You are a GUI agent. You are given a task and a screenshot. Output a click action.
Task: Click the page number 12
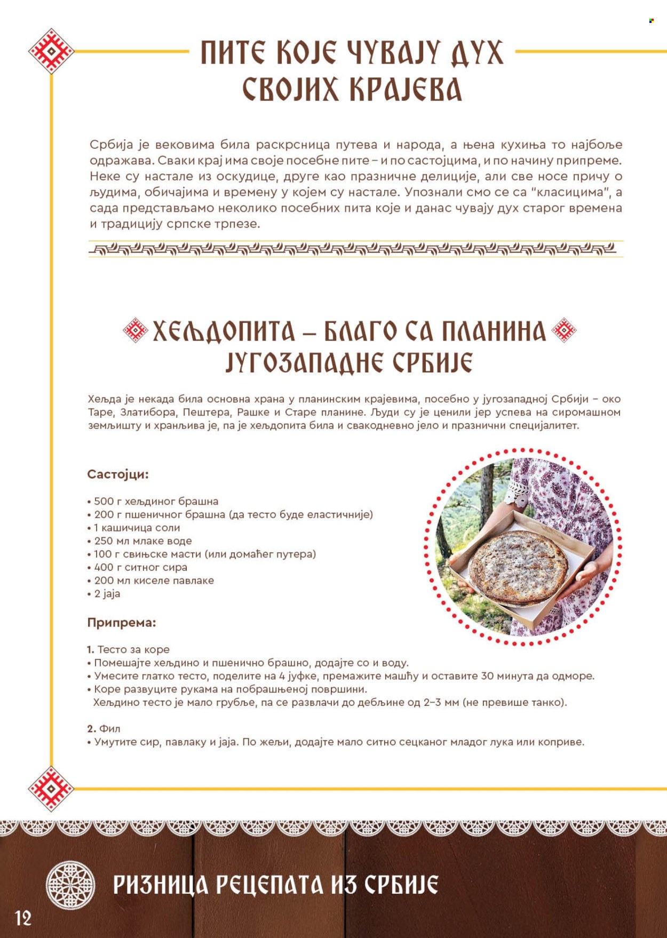tap(23, 918)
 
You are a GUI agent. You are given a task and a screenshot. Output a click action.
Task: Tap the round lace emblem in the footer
tap(70, 885)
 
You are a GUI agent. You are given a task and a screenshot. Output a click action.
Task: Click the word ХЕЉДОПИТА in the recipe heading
tap(224, 332)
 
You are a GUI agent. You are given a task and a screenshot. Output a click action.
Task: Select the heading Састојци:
tap(118, 474)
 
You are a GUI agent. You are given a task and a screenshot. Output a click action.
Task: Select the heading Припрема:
tap(122, 622)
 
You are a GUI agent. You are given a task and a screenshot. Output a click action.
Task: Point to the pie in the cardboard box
tap(518, 566)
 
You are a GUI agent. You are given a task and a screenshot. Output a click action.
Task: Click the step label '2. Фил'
tap(104, 728)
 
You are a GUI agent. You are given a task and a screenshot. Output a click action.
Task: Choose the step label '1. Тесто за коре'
tap(129, 649)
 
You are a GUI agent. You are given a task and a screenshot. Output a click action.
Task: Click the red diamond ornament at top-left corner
tap(51, 51)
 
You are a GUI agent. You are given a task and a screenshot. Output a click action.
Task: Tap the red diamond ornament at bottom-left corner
tap(51, 789)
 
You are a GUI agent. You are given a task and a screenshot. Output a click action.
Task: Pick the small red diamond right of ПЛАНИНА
tap(563, 330)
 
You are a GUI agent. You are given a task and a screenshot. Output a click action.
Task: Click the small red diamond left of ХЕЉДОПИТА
tap(135, 330)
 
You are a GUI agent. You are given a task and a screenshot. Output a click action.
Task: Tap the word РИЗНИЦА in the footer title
tap(161, 885)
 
